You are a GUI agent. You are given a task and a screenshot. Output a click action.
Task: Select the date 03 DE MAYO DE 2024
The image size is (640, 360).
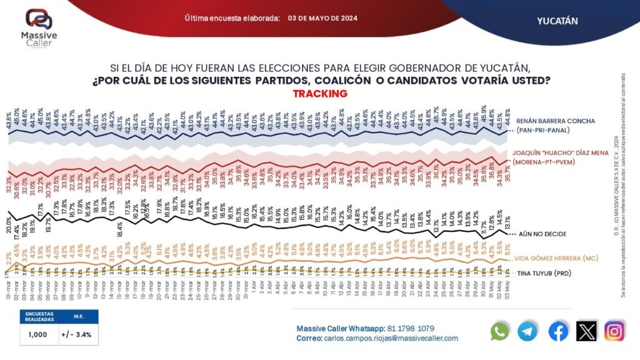point(322,19)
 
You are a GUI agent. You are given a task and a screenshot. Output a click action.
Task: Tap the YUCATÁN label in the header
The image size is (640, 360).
point(557,21)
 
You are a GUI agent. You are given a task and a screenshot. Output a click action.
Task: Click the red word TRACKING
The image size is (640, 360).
point(319,94)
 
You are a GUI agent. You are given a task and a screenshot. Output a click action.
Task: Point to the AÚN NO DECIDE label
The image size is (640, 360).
point(543,234)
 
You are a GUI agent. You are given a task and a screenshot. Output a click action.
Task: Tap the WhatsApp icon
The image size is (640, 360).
point(500,331)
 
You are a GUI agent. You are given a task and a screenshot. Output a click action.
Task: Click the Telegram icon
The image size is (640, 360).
point(528,331)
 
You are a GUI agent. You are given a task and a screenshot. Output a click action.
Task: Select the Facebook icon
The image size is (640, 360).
point(557,331)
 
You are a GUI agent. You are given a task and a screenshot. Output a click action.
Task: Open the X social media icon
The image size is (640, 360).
point(586,331)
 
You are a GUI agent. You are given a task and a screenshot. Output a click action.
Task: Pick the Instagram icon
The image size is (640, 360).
point(614,331)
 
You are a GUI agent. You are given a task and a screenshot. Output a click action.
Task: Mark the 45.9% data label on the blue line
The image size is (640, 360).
point(483,114)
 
